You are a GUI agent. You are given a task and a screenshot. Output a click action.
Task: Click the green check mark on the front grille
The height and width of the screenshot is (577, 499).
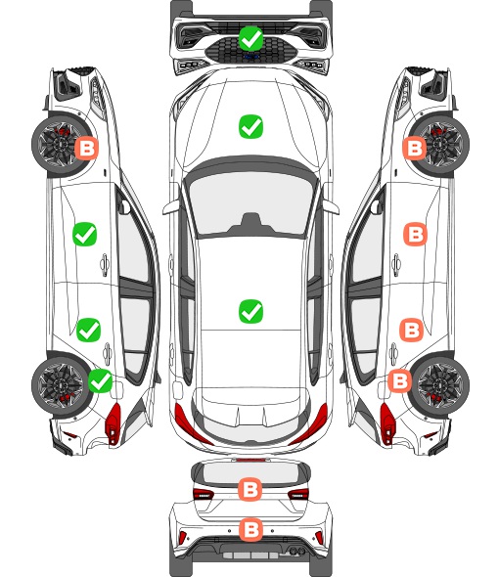pyautogui.click(x=250, y=39)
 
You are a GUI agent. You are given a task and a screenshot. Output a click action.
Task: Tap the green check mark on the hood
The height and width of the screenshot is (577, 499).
pyautogui.click(x=250, y=126)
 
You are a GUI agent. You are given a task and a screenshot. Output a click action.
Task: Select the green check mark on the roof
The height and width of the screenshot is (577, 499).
pyautogui.click(x=250, y=311)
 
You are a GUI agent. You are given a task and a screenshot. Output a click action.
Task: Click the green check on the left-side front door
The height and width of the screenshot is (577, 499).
pyautogui.click(x=85, y=234)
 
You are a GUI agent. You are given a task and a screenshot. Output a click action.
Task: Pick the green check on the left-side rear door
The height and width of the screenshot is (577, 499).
pyautogui.click(x=88, y=330)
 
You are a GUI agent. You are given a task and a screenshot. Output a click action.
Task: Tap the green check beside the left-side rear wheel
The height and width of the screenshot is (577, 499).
pyautogui.click(x=101, y=380)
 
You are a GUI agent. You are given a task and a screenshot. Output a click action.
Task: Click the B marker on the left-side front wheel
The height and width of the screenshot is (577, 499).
pyautogui.click(x=87, y=148)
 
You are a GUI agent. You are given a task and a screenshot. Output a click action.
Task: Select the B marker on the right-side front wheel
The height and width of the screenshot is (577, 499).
pyautogui.click(x=415, y=148)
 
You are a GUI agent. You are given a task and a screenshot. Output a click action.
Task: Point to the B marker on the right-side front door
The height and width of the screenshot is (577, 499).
pyautogui.click(x=416, y=234)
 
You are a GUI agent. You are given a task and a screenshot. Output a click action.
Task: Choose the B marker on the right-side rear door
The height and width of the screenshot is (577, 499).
pyautogui.click(x=412, y=330)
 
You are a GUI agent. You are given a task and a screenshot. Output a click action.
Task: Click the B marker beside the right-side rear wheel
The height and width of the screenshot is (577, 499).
pyautogui.click(x=400, y=380)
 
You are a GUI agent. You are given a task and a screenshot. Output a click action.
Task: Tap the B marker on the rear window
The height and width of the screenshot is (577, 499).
pyautogui.click(x=250, y=489)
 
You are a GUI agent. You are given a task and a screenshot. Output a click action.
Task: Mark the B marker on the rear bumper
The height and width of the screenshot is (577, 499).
pyautogui.click(x=251, y=529)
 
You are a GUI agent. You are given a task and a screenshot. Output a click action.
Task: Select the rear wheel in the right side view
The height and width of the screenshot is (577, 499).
pyautogui.click(x=441, y=384)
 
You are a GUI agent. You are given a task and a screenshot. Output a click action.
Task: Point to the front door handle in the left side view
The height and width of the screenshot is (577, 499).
pyautogui.click(x=105, y=265)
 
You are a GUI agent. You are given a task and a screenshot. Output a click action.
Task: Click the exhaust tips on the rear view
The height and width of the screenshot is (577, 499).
pyautogui.click(x=295, y=551)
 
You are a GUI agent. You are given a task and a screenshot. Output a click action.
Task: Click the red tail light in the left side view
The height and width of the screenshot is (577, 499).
pyautogui.click(x=114, y=423)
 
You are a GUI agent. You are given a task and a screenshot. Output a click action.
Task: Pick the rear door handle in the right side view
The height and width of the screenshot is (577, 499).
pyautogui.click(x=393, y=354)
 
